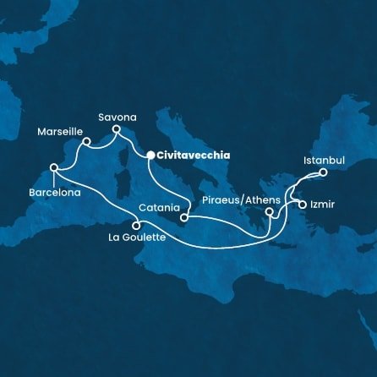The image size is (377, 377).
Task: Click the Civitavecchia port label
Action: (190, 156)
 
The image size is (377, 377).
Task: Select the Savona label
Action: (117, 117)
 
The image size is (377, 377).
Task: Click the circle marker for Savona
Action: (117, 130)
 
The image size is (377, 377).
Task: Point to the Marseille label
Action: (60, 132)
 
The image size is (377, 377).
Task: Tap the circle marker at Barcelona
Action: (53, 167)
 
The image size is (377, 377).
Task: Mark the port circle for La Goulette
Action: (137, 225)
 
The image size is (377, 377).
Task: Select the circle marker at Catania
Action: (184, 217)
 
